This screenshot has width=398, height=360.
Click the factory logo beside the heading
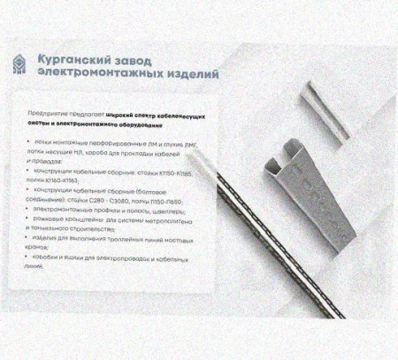(18, 64)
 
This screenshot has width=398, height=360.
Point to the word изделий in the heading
(186, 74)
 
